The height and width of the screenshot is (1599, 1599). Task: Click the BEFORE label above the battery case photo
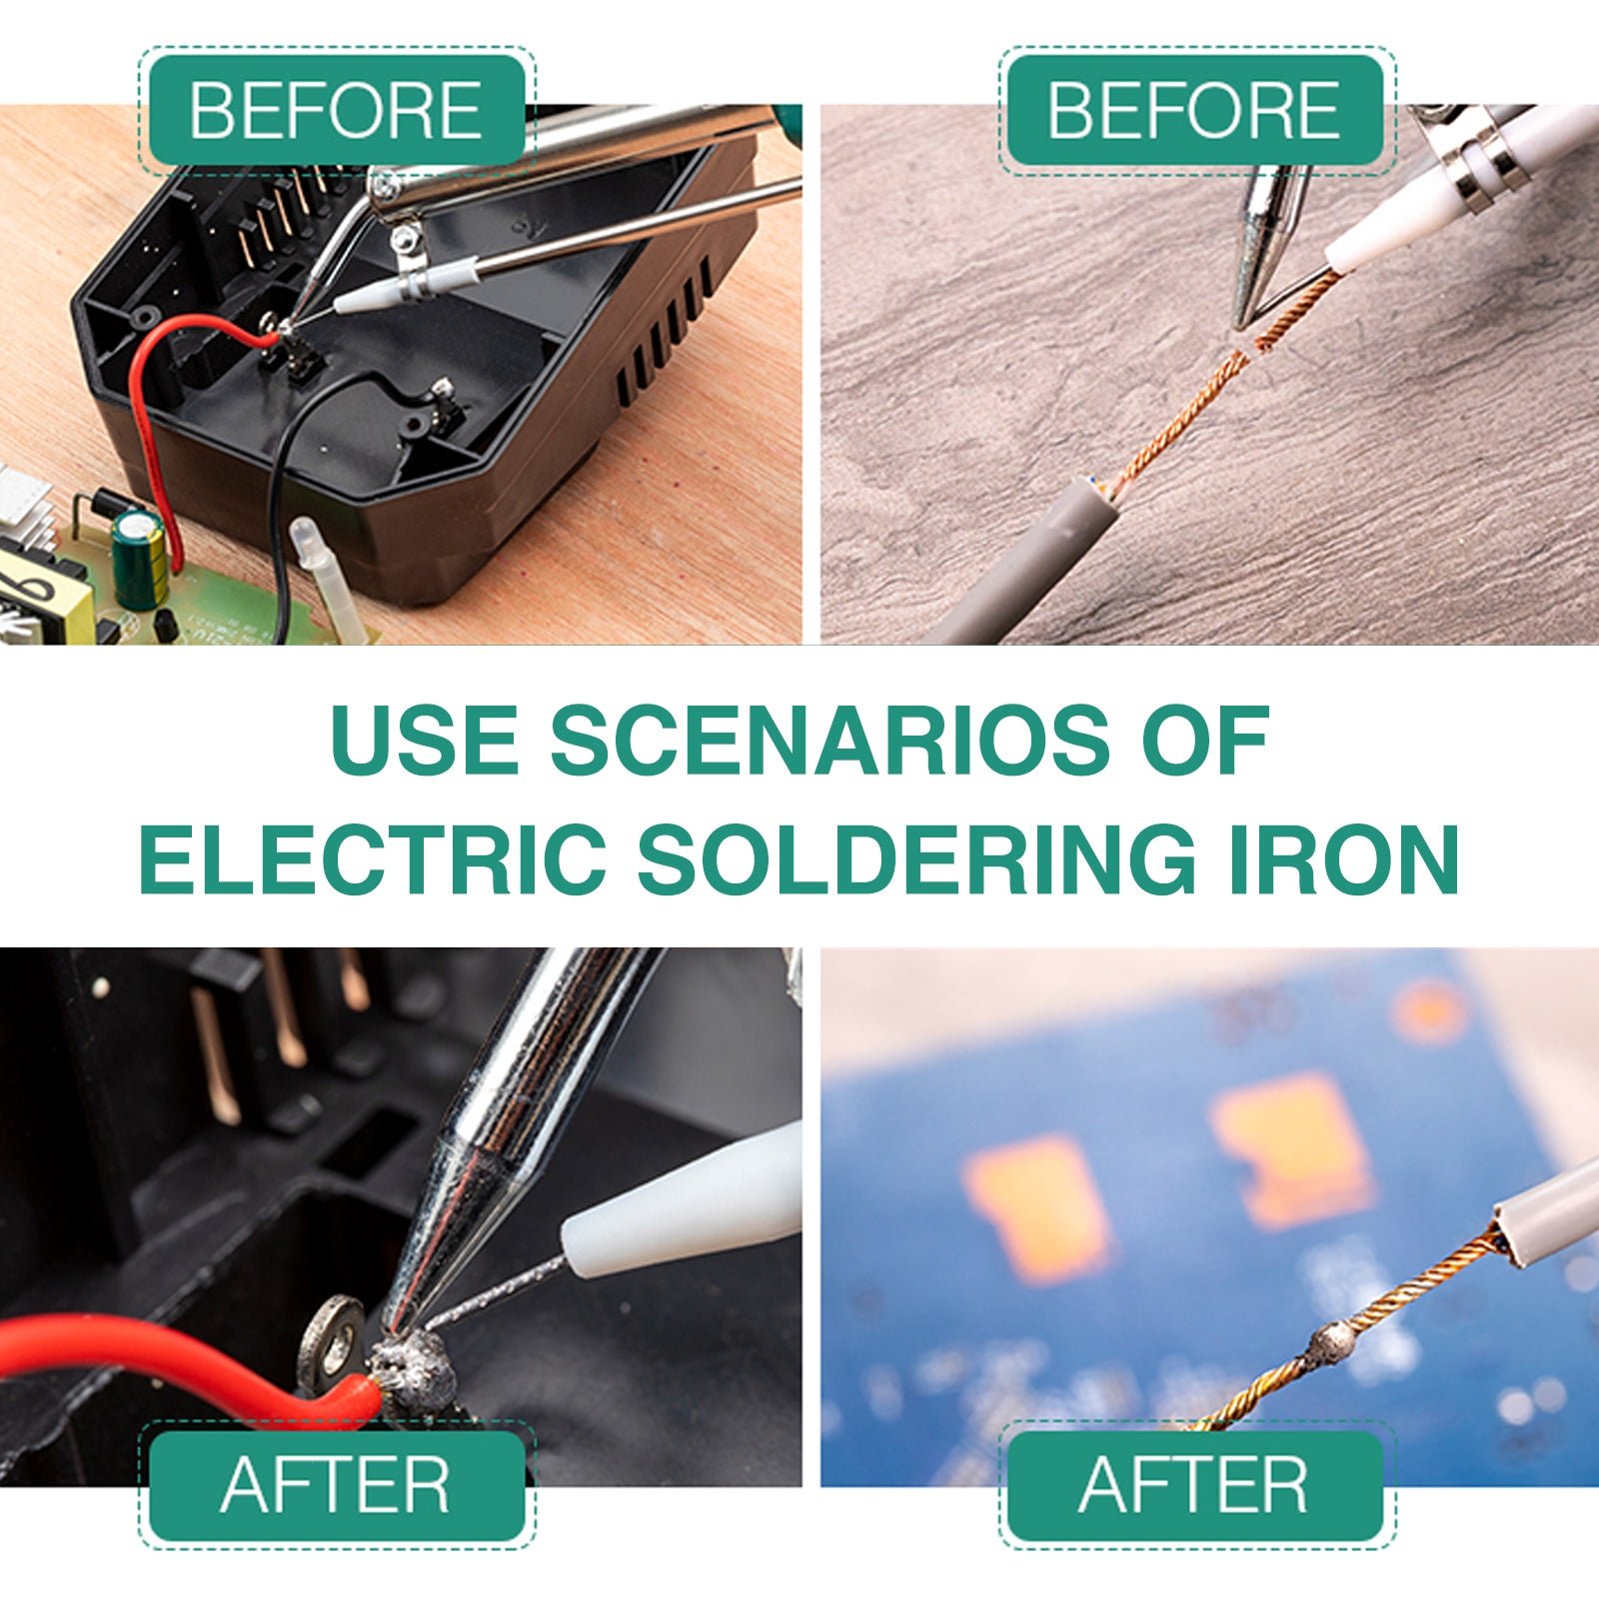click(x=336, y=110)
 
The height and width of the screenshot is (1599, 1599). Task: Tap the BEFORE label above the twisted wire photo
click(x=1194, y=110)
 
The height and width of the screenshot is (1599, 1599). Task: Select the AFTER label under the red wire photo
click(x=336, y=1485)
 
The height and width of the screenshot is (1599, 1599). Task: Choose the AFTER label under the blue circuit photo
click(x=1194, y=1485)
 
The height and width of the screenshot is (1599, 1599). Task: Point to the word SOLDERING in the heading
click(x=916, y=858)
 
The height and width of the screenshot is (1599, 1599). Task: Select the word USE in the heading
click(x=425, y=741)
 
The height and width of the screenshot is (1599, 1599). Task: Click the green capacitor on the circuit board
click(x=139, y=560)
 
